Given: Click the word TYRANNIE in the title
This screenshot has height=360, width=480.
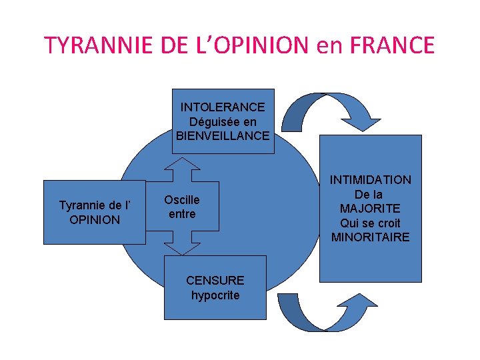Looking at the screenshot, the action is (x=92, y=45).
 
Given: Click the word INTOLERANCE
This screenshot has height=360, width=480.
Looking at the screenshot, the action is (x=223, y=107).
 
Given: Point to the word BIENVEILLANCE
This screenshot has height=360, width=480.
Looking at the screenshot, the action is (x=223, y=135).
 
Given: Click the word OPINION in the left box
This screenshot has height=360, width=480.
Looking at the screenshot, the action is (x=95, y=219).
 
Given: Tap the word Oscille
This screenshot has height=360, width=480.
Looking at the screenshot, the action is (x=181, y=200).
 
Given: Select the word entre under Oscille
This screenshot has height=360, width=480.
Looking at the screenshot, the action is (x=182, y=214).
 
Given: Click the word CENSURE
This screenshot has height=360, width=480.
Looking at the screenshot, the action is (x=215, y=281).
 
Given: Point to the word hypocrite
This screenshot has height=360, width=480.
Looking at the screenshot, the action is (x=215, y=295).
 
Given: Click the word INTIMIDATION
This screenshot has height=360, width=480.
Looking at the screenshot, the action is (x=371, y=180).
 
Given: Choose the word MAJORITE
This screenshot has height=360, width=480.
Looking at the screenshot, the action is (x=371, y=209).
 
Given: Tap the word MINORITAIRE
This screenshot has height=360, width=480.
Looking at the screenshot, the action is (x=371, y=237).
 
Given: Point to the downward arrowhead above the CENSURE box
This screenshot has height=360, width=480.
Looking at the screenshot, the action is (x=182, y=247).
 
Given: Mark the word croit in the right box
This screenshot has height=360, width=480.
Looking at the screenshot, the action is (x=387, y=223).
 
